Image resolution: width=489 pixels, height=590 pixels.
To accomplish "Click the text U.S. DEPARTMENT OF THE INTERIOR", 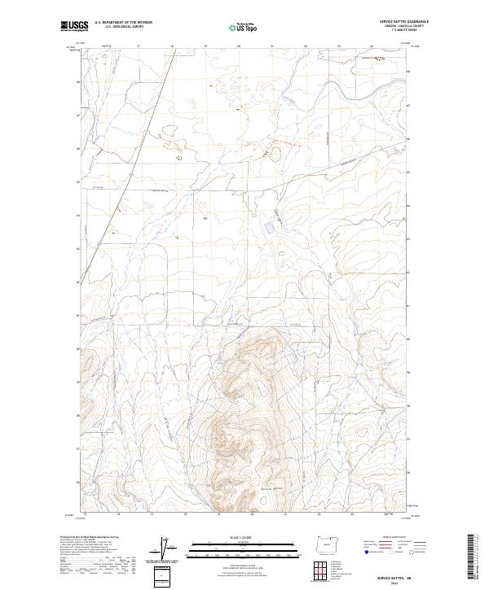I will pyautogui.click(x=123, y=23).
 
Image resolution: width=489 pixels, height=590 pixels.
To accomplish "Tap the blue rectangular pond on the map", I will pyautogui.click(x=269, y=229).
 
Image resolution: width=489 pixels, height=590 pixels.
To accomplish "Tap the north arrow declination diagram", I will pyautogui.click(x=169, y=549).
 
